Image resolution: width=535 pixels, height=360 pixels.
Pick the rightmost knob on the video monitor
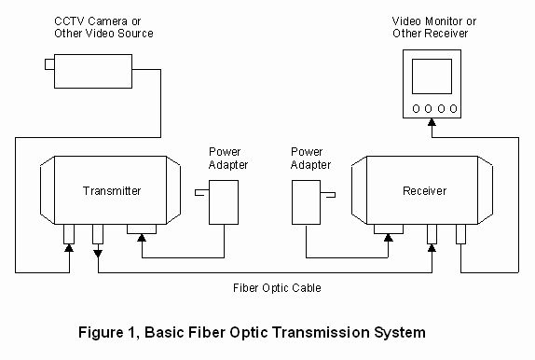point(453,109)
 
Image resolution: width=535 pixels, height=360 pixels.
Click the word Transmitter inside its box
point(112,191)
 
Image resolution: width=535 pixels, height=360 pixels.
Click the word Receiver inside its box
point(424,191)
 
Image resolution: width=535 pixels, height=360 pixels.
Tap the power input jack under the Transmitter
point(142,228)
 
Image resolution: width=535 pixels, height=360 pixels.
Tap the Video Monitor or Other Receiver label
point(430,27)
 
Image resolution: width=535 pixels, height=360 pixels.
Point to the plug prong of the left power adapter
point(200,193)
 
